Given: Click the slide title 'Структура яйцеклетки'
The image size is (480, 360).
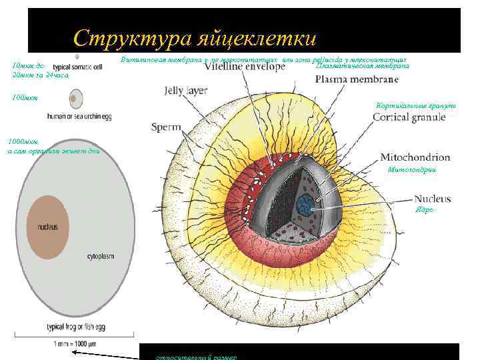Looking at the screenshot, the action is pyautogui.click(x=195, y=38).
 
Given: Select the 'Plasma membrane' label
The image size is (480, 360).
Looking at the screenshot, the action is pyautogui.click(x=357, y=79).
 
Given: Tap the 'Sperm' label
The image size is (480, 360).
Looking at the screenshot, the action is pyautogui.click(x=163, y=127).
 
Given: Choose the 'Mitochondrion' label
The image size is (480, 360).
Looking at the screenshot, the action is pyautogui.click(x=415, y=158).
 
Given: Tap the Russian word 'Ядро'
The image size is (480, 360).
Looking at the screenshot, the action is pyautogui.click(x=425, y=210).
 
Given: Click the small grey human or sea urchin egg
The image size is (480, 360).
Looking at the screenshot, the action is pyautogui.click(x=75, y=100).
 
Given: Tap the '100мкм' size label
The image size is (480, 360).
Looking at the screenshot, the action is pyautogui.click(x=25, y=98).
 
